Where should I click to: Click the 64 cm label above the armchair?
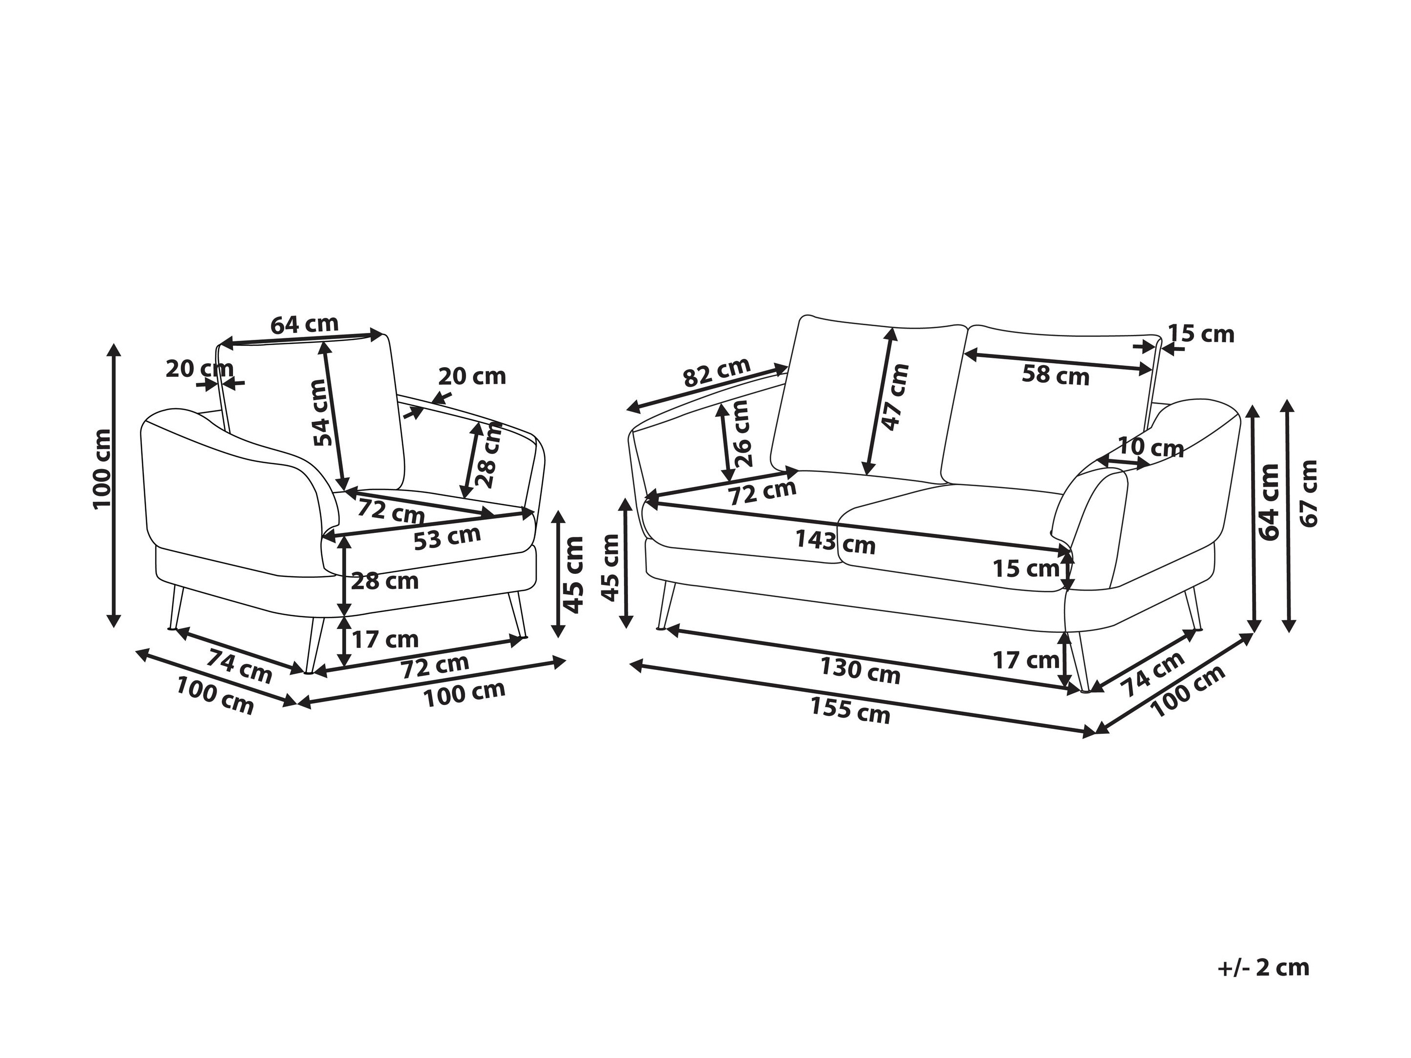pyautogui.click(x=304, y=325)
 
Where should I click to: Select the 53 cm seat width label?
pyautogui.click(x=447, y=538)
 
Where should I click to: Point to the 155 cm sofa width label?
pyautogui.click(x=850, y=711)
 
